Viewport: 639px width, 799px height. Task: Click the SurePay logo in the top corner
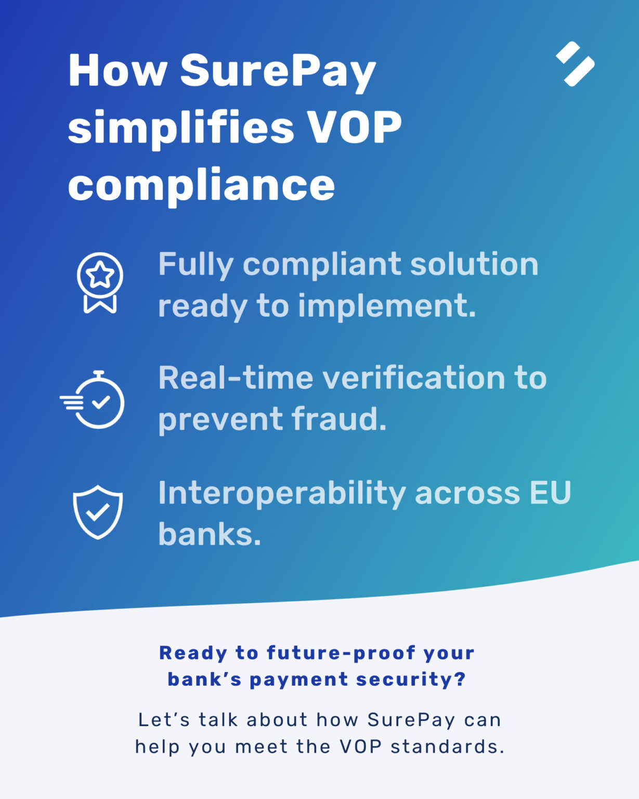[x=575, y=63]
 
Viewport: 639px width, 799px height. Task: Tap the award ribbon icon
[x=100, y=282]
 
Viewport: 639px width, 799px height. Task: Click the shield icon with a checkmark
[x=98, y=512]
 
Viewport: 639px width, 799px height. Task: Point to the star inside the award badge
[x=100, y=275]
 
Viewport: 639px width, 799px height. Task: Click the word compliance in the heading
[x=201, y=185]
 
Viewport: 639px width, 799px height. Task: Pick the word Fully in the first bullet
[x=195, y=265]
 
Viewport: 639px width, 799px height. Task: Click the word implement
[x=387, y=306]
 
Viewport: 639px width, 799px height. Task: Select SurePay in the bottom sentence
[x=411, y=720]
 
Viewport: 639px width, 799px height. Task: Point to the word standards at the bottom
[x=447, y=747]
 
